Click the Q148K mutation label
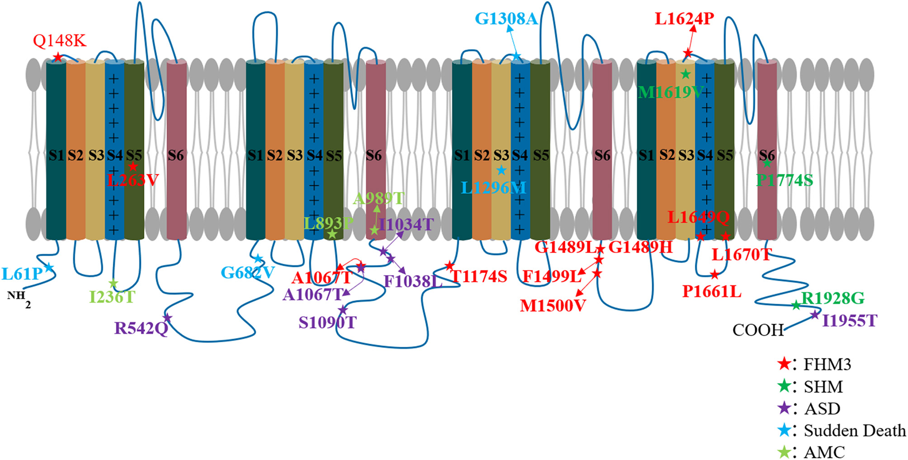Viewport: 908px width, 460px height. [x=59, y=40]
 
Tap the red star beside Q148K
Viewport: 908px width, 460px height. [x=58, y=57]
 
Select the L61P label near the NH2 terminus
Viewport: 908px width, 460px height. [x=22, y=274]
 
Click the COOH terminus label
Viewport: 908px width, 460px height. [x=758, y=330]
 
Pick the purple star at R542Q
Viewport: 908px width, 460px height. [x=167, y=318]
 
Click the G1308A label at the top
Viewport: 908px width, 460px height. [x=506, y=19]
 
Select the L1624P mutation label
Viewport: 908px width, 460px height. [x=684, y=19]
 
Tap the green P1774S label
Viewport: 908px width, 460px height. [x=785, y=180]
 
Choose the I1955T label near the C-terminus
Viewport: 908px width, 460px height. [x=850, y=321]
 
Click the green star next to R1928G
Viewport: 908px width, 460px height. [x=796, y=305]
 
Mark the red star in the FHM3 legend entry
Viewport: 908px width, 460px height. [x=784, y=364]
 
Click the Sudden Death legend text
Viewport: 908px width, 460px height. [x=855, y=430]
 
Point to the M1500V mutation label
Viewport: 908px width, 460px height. [x=552, y=306]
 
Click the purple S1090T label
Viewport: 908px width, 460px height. [x=327, y=322]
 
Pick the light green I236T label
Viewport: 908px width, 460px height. [x=112, y=297]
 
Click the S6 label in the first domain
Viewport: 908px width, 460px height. [x=176, y=155]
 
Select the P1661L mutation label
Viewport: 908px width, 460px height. [x=712, y=291]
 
